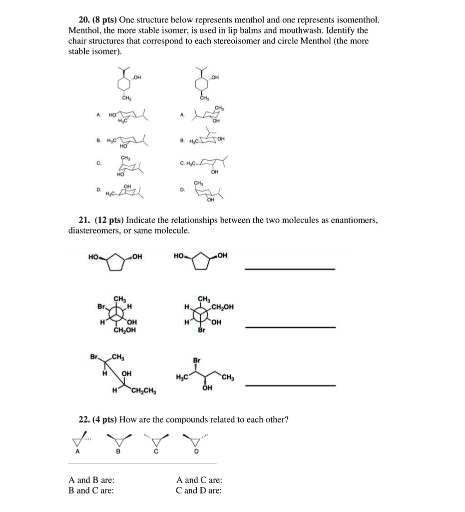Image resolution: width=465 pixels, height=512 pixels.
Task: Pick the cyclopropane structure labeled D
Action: coord(196,440)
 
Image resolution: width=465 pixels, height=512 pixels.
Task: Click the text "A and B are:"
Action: coord(90,480)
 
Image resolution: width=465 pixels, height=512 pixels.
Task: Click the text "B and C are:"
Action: coord(90,490)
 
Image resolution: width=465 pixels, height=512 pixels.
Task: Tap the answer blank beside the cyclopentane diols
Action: coord(289,269)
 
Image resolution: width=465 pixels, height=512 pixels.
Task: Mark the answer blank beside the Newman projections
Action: coord(289,327)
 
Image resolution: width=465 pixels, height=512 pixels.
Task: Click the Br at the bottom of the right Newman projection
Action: coord(201,330)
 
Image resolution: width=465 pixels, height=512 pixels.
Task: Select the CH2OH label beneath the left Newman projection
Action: coord(124,330)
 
